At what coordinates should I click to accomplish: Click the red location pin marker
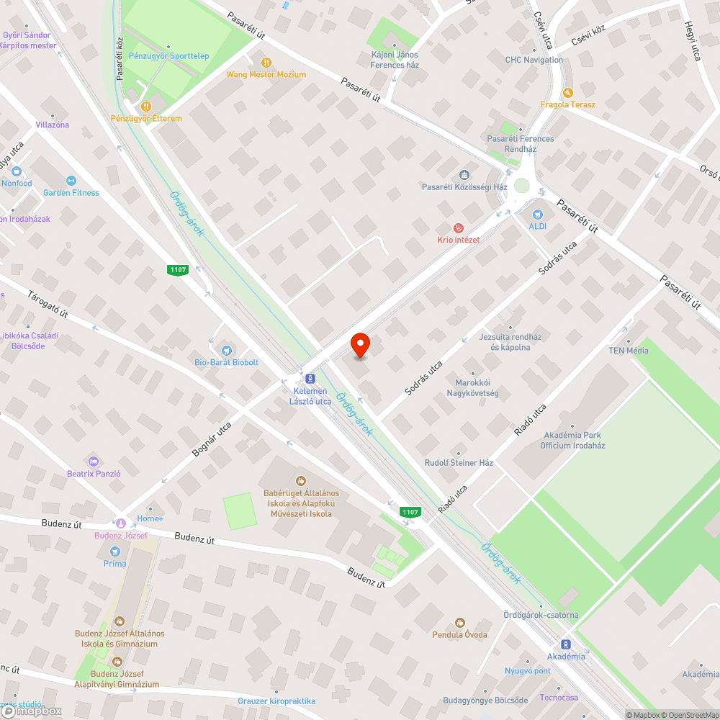click(x=360, y=345)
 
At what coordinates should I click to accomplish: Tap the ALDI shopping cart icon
click(x=537, y=215)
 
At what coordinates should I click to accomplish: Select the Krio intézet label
click(x=458, y=240)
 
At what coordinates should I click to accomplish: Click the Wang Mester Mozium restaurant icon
click(x=266, y=63)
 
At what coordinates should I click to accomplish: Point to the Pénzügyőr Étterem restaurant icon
click(x=146, y=107)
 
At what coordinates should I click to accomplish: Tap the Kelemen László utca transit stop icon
click(x=310, y=378)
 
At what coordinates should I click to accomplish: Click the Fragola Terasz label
click(x=568, y=104)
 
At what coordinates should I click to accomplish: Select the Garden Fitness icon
click(x=71, y=181)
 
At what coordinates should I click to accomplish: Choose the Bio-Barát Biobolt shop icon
click(x=226, y=350)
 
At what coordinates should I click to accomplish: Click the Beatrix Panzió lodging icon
click(x=93, y=461)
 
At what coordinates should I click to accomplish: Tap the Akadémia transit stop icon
click(x=566, y=644)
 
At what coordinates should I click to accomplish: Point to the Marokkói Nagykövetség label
click(x=472, y=388)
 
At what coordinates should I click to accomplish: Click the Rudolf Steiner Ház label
click(x=459, y=463)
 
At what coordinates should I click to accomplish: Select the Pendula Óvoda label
click(x=459, y=634)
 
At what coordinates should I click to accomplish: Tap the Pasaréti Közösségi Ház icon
click(x=464, y=175)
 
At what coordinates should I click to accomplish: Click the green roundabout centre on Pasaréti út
click(x=522, y=185)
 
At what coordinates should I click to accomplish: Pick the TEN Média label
click(x=628, y=351)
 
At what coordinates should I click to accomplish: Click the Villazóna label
click(x=53, y=125)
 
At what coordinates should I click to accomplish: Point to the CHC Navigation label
click(x=534, y=60)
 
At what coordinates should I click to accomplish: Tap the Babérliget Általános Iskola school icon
click(x=301, y=480)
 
